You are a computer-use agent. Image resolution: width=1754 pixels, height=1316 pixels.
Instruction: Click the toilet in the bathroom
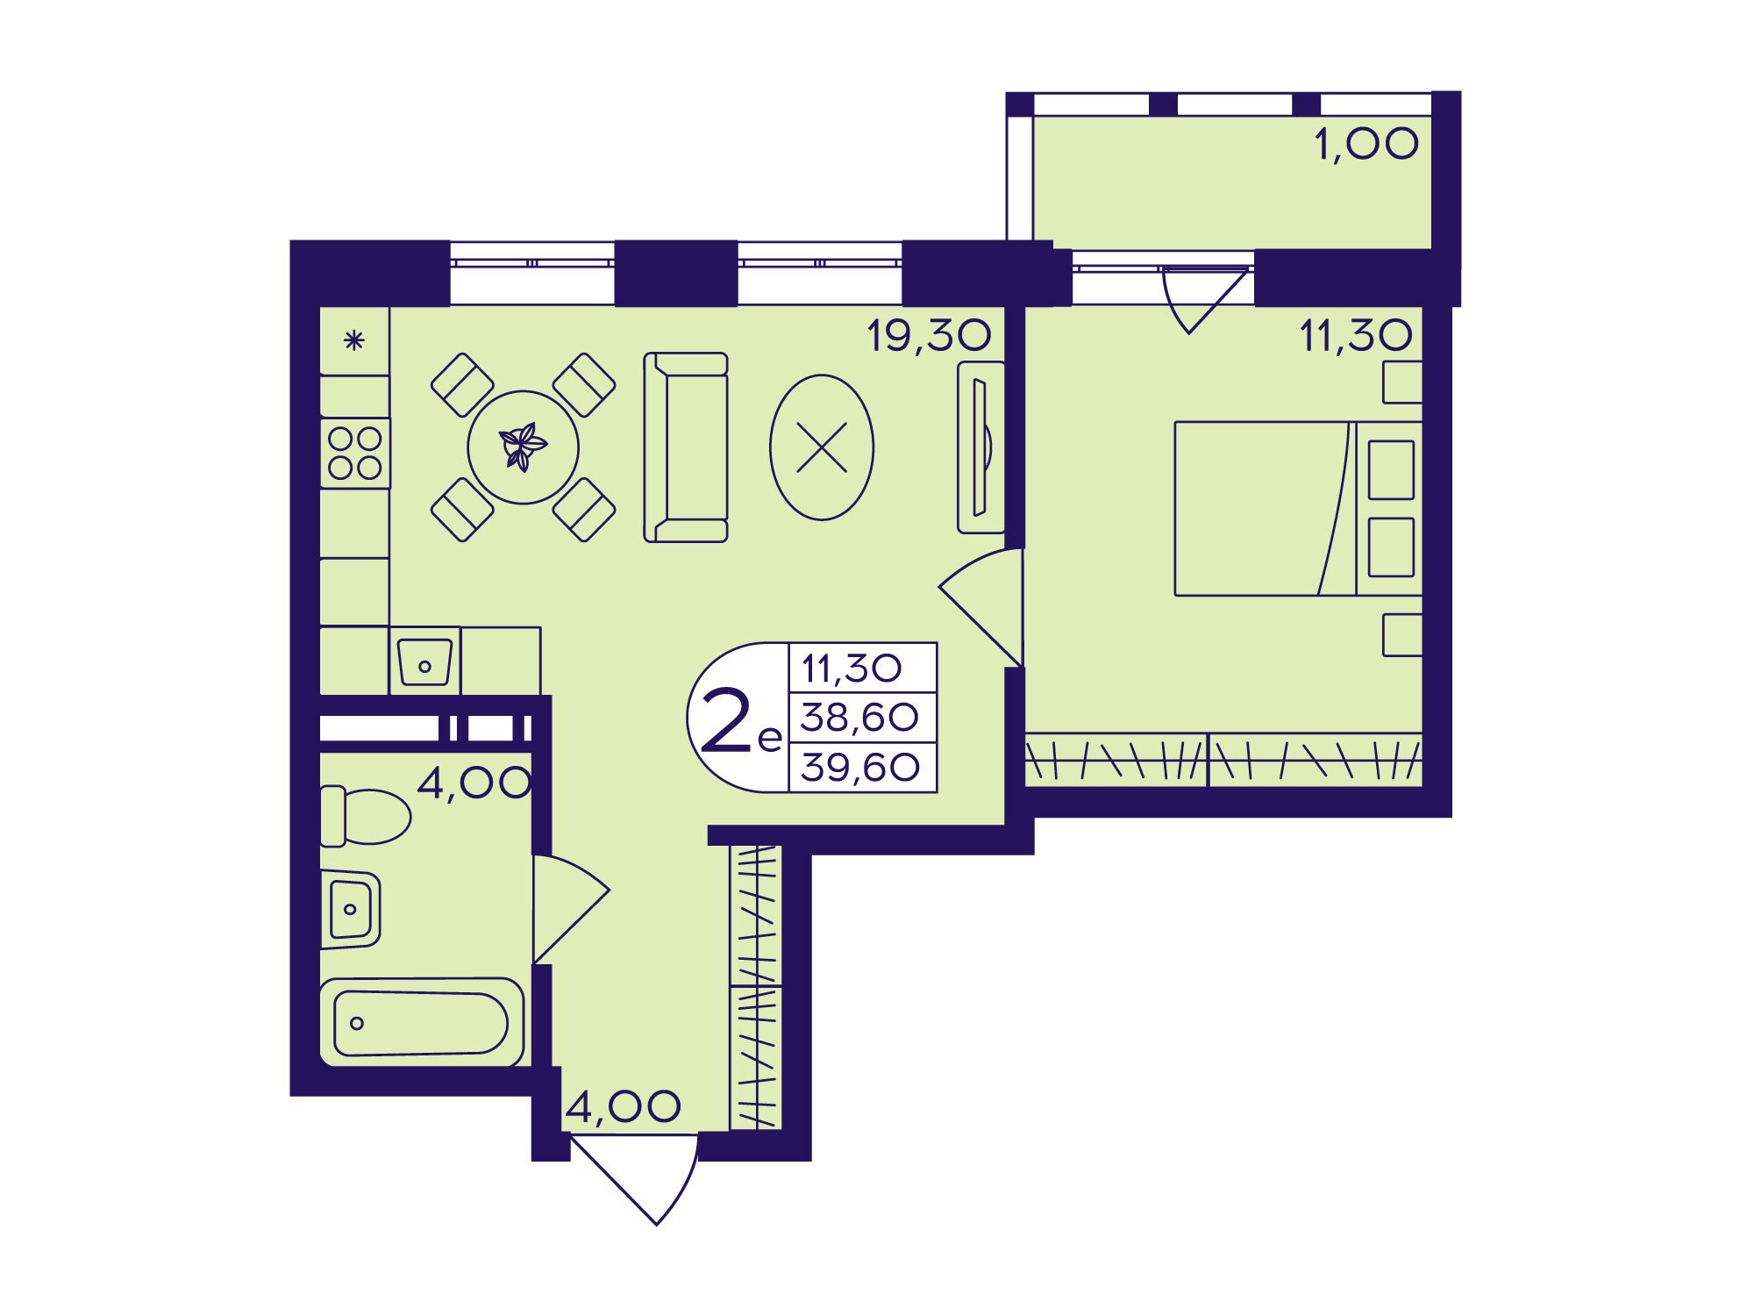click(365, 816)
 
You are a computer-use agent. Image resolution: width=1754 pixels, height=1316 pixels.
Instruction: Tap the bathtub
click(422, 1023)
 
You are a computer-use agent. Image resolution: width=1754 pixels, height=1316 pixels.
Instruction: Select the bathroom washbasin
click(351, 909)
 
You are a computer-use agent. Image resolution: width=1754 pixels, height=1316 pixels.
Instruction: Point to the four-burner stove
click(355, 454)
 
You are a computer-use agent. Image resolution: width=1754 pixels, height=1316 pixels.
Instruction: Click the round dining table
click(524, 447)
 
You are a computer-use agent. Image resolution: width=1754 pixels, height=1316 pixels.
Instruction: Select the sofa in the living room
click(686, 447)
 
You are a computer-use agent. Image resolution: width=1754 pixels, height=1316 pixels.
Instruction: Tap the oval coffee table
click(822, 447)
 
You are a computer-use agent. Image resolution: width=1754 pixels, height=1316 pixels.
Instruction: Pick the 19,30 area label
click(930, 335)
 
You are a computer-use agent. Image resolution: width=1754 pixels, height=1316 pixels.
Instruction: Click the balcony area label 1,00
click(1366, 144)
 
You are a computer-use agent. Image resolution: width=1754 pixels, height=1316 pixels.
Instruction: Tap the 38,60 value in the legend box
click(859, 719)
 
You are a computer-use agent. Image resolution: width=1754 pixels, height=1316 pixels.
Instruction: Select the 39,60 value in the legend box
click(860, 769)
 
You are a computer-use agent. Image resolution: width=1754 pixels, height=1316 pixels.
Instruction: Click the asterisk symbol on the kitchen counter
click(353, 340)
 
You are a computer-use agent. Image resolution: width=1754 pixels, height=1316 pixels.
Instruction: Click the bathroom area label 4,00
click(474, 782)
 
